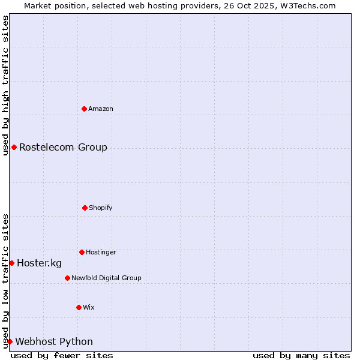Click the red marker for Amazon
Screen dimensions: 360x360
pos(85,109)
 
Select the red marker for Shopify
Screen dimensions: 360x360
pos(85,208)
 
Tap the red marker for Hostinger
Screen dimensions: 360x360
pos(82,252)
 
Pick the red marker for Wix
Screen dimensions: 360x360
pos(79,307)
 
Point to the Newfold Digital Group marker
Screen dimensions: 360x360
pos(67,278)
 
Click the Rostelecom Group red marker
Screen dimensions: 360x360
pos(14,147)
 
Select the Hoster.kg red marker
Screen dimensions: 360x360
pos(11,263)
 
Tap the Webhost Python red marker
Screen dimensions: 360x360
pos(10,341)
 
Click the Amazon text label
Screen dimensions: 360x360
pos(101,109)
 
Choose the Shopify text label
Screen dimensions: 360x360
pos(101,208)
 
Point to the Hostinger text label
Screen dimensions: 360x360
pos(101,252)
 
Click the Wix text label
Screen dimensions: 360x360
pos(89,307)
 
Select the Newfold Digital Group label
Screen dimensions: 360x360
pos(106,278)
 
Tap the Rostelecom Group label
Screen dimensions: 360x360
pos(63,147)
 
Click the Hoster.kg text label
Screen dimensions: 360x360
pos(39,263)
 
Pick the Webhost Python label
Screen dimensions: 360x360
pos(54,341)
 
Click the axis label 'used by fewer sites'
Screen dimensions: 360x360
pos(62,355)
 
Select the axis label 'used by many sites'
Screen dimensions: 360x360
pos(301,355)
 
